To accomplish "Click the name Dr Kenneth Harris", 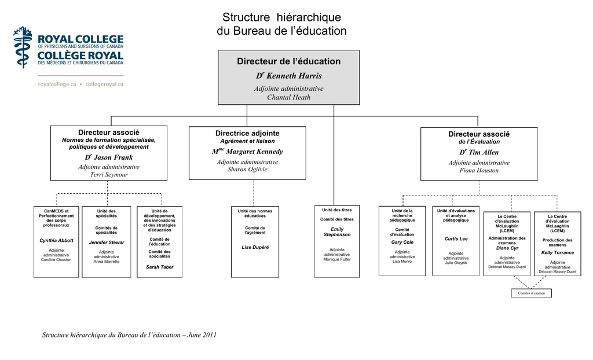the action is click(289, 76).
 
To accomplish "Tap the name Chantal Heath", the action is click(288, 97).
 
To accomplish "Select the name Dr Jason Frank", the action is click(108, 157).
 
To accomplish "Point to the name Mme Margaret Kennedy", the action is click(247, 151).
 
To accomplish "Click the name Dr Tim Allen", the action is click(479, 152).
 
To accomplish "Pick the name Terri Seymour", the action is click(108, 174).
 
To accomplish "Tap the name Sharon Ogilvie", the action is click(247, 169).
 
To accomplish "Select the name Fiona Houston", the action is click(479, 170).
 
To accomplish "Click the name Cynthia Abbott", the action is click(56, 241).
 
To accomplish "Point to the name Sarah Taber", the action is click(160, 267).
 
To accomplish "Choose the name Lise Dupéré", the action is click(255, 247).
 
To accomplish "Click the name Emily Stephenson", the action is click(337, 232).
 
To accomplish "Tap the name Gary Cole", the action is click(402, 242).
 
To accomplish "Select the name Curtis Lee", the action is click(456, 238).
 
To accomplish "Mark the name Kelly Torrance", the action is click(558, 252).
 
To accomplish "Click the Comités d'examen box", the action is click(532, 293).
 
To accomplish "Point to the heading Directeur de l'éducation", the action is click(288, 61).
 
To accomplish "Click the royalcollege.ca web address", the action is click(57, 85).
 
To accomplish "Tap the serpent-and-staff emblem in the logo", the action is click(23, 47).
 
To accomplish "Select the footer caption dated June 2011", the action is click(129, 335).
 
